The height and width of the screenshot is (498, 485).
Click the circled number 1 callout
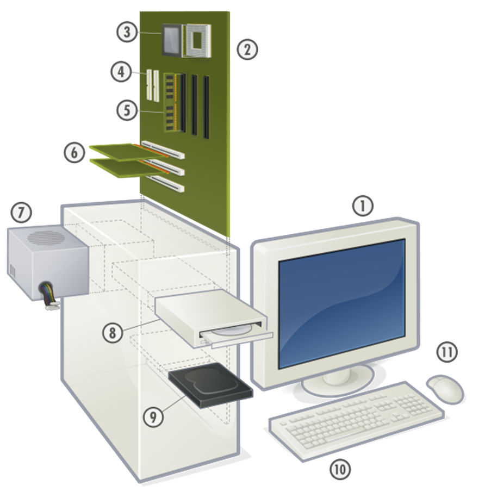(363, 206)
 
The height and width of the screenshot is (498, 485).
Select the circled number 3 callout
(127, 32)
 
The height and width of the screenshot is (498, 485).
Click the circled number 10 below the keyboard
(341, 469)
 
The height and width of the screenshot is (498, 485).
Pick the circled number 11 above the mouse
(447, 352)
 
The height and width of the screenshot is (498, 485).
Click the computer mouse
(446, 389)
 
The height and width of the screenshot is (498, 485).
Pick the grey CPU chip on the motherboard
(172, 40)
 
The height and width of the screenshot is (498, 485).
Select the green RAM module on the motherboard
(170, 103)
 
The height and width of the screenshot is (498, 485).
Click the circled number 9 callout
(153, 416)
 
